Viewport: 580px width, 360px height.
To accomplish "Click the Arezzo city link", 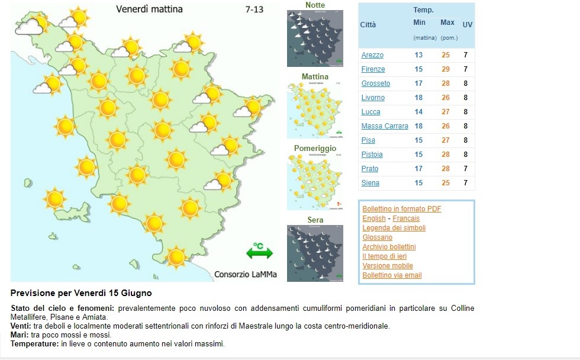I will click(372, 55).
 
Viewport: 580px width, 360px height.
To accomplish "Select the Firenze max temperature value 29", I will click(446, 69).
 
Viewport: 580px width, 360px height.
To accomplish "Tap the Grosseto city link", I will click(376, 83).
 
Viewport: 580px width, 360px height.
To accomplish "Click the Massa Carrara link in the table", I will click(385, 126).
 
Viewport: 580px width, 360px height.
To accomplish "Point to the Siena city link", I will click(370, 183).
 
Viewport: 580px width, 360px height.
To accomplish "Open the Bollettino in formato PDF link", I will click(402, 209).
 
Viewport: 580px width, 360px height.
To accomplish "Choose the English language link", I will click(373, 218).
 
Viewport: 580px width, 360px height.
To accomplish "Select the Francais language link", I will click(406, 218).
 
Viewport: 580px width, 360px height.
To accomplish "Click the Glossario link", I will click(377, 237).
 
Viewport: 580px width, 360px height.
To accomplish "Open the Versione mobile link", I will click(388, 266).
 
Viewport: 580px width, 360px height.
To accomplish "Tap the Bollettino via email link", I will click(392, 275).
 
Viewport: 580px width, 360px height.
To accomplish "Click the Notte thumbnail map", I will click(315, 38).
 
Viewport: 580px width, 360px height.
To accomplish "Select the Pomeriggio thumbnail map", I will click(315, 182).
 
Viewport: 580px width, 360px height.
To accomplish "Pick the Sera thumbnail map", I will click(315, 253).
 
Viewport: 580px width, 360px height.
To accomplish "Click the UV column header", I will click(467, 25).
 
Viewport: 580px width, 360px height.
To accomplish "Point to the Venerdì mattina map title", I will click(149, 9).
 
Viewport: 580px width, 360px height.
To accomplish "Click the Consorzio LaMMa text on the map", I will click(245, 274).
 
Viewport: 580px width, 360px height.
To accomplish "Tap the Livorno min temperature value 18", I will click(419, 98).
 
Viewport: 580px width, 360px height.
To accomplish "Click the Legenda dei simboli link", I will click(394, 228).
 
